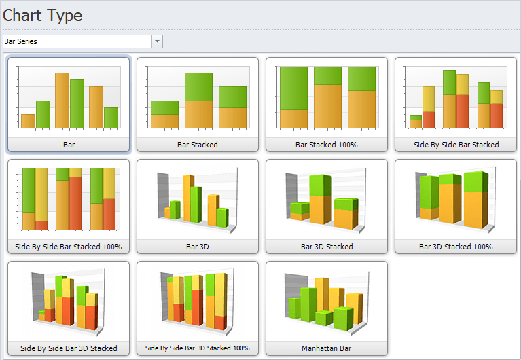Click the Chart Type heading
(x=43, y=15)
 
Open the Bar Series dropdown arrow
(x=158, y=41)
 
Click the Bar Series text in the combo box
(x=21, y=41)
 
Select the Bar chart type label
(x=69, y=145)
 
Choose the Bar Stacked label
(x=198, y=145)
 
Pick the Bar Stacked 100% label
(x=327, y=145)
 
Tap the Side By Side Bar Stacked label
(x=456, y=145)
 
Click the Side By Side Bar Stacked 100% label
(x=69, y=247)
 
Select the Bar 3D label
(x=198, y=247)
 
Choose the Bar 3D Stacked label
(x=327, y=247)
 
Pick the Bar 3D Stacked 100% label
(x=456, y=247)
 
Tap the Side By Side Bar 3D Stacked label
(x=69, y=348)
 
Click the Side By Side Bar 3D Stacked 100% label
(x=198, y=348)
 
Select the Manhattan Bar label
(x=327, y=348)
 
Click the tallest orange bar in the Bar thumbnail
(x=62, y=101)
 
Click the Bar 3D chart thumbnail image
(x=198, y=200)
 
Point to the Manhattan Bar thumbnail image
(x=327, y=302)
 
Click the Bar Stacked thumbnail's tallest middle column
(x=198, y=100)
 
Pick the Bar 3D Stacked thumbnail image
(x=327, y=200)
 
